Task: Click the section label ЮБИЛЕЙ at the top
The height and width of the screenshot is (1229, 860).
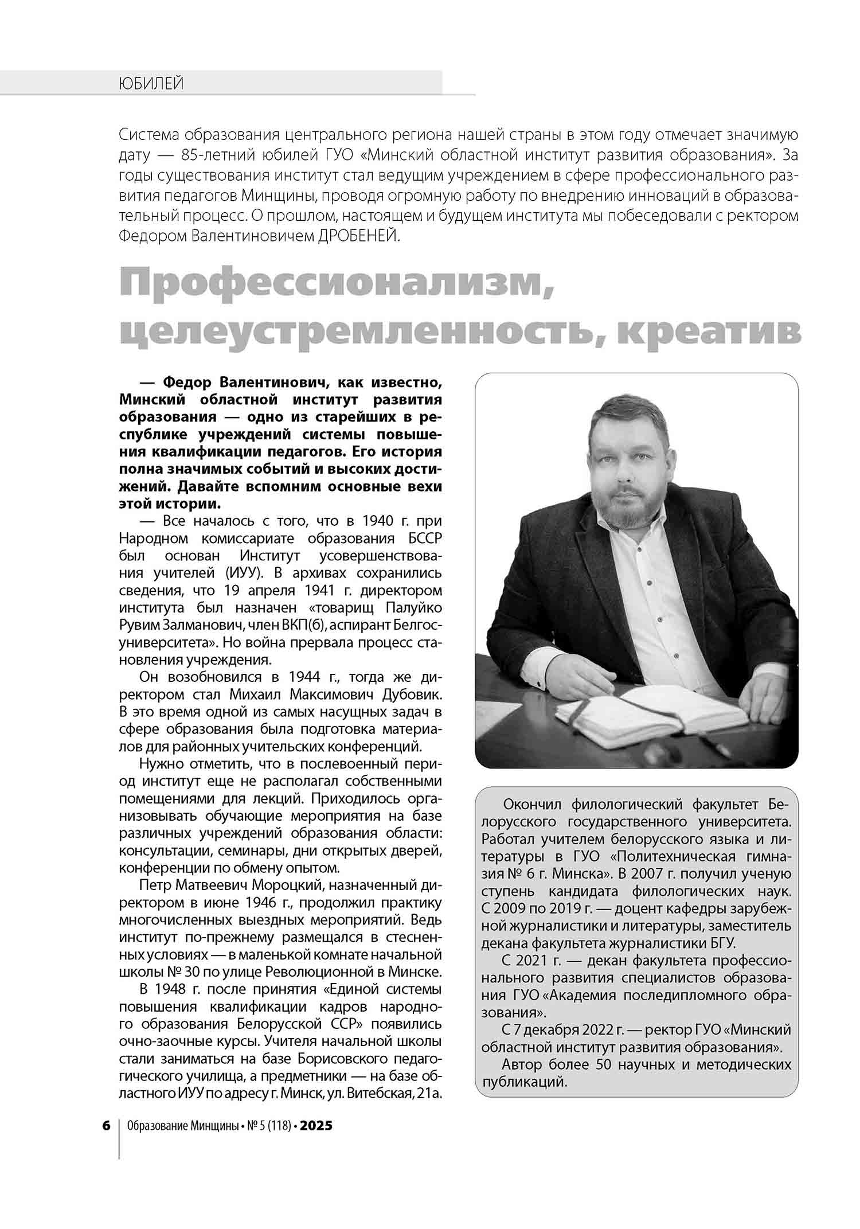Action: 151,84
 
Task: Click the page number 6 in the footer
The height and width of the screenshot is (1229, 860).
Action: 106,1125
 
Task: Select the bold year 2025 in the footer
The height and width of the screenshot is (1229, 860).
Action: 316,1125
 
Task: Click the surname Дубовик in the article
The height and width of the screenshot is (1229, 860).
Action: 411,695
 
